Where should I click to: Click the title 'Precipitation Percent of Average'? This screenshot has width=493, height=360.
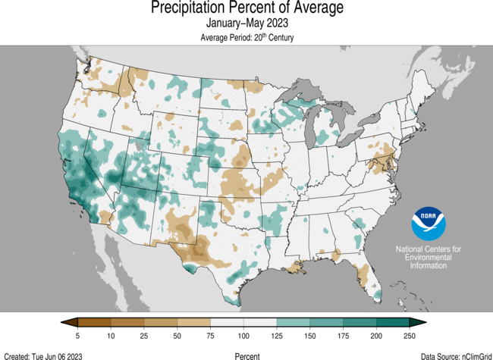tap(246, 8)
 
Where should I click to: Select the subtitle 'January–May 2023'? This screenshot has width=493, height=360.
tap(246, 24)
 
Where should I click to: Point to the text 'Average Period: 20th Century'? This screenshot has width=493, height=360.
tap(246, 38)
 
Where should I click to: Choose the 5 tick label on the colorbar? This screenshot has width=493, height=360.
tap(77, 336)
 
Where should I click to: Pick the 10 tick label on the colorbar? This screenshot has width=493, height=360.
tap(111, 336)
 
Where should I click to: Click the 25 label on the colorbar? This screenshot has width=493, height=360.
tap(144, 336)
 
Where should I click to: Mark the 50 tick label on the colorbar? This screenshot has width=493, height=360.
tap(177, 336)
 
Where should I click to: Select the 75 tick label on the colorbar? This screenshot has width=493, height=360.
tap(210, 336)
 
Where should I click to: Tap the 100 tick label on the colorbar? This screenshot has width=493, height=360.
tap(243, 336)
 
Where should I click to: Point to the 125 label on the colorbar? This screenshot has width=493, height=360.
tap(277, 336)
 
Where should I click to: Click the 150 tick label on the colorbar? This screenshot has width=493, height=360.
tap(310, 336)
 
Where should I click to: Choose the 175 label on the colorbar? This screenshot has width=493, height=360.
tap(344, 336)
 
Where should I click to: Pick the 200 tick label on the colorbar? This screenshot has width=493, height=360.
tap(377, 336)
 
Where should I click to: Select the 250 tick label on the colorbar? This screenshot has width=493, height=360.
tap(410, 336)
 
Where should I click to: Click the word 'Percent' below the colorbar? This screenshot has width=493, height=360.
tap(246, 355)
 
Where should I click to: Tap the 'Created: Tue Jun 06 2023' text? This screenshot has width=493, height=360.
tap(43, 355)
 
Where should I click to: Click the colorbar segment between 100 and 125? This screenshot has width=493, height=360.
tap(260, 322)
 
